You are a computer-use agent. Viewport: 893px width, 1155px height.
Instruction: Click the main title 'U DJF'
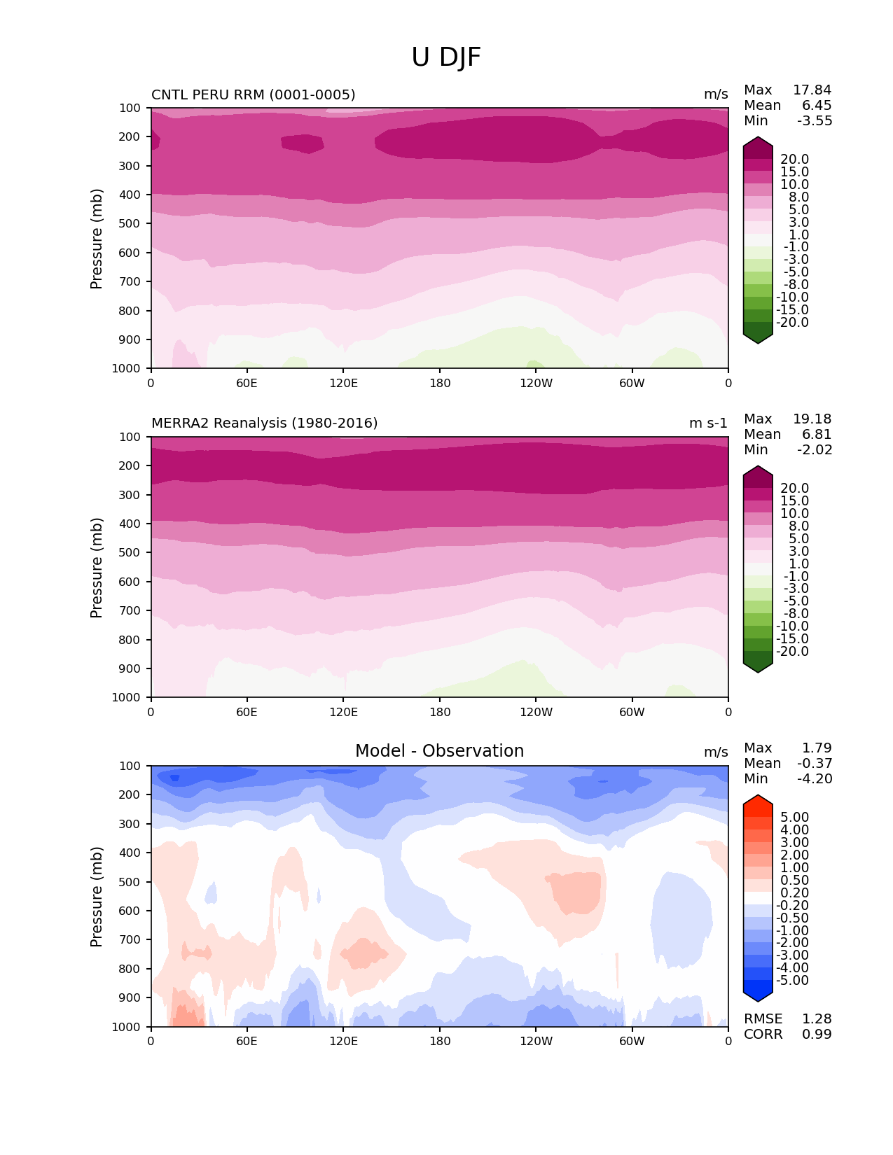(x=446, y=57)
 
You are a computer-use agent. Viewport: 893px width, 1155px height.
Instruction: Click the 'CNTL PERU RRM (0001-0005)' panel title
(x=253, y=94)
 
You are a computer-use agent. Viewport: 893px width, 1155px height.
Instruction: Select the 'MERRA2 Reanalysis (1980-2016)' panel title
(x=264, y=423)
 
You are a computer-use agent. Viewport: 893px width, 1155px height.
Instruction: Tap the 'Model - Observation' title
(x=439, y=751)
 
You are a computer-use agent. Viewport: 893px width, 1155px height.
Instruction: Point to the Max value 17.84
(x=812, y=90)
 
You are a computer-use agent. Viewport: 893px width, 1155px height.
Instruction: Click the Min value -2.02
(x=815, y=450)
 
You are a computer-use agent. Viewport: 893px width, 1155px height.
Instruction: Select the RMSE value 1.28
(x=817, y=1019)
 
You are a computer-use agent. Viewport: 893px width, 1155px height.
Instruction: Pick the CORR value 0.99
(x=817, y=1035)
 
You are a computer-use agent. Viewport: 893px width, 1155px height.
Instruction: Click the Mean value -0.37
(x=815, y=764)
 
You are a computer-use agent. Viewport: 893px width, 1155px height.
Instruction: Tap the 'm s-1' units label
(x=708, y=423)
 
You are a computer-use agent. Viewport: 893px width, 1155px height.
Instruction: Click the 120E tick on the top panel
(x=343, y=383)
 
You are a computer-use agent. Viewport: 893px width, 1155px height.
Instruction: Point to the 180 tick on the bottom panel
(x=440, y=1041)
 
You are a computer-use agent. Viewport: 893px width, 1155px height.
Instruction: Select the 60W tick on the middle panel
(x=632, y=712)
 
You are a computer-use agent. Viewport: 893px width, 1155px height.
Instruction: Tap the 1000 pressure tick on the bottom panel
(x=127, y=1027)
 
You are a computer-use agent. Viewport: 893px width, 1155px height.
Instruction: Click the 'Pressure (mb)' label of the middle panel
(x=97, y=568)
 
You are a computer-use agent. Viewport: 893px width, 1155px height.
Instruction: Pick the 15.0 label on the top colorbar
(x=794, y=172)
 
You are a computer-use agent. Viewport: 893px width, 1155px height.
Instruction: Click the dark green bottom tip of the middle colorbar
(x=758, y=667)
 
